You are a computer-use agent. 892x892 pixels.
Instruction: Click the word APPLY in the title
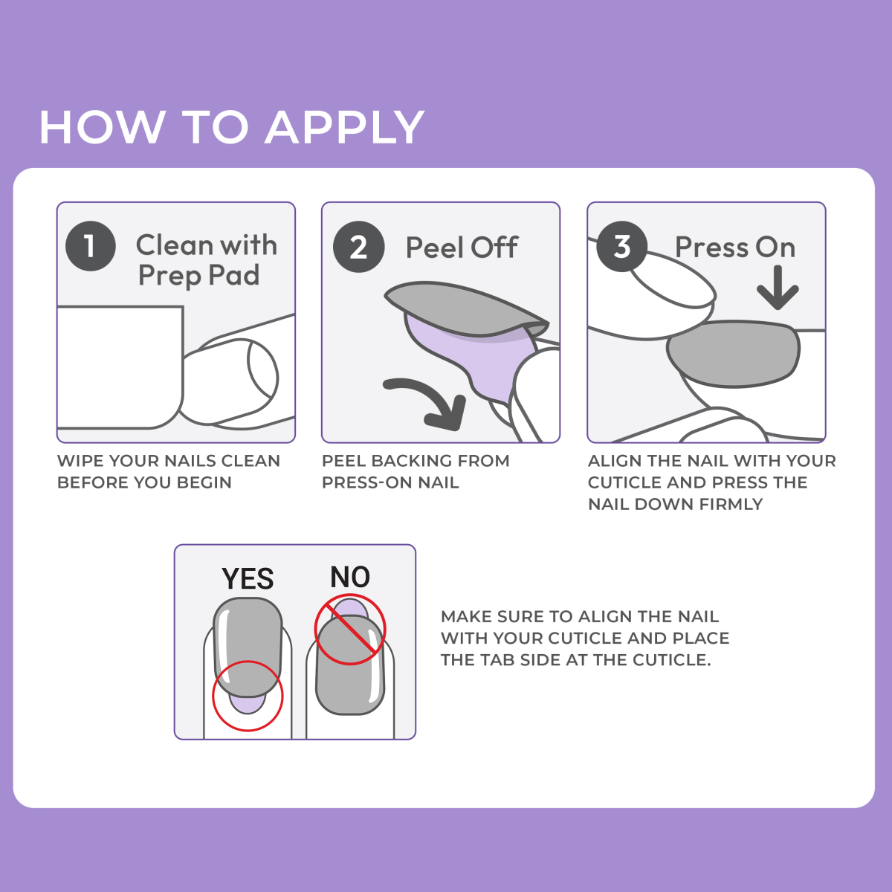coord(344,127)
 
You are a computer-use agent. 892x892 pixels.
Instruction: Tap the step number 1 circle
coord(91,246)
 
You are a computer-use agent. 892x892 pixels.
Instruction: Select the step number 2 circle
coord(358,248)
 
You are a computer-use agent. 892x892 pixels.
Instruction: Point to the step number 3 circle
coord(622,246)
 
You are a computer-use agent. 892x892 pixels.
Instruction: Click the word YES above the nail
coord(248,579)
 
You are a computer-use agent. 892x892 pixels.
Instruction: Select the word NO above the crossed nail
coord(350,577)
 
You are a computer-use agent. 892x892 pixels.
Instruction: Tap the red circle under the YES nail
coord(248,696)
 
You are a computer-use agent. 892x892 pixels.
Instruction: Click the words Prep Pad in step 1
coord(198,276)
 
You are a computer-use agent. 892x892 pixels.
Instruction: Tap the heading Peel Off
coord(462,248)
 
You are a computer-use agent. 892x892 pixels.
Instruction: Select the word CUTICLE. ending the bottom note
coord(671,659)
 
